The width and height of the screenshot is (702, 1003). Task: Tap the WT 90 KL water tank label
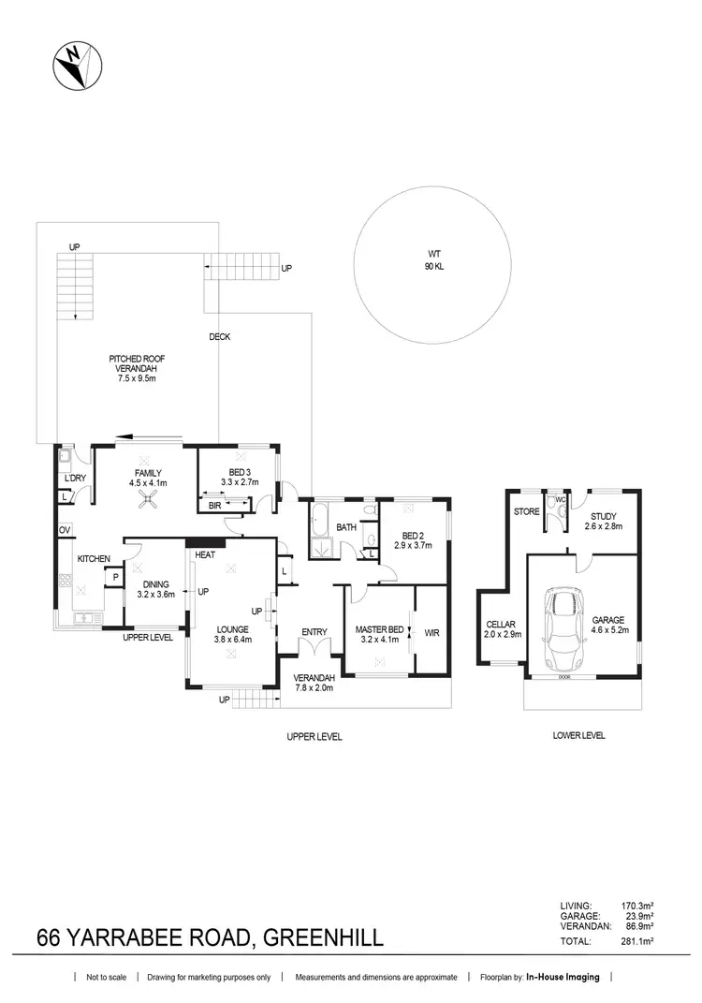click(x=431, y=259)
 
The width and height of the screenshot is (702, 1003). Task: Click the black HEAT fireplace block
click(x=206, y=541)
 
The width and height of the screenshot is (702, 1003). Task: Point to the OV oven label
click(x=65, y=530)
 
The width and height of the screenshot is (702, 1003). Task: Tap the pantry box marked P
click(x=115, y=578)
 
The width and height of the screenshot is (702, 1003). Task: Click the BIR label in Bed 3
click(x=214, y=505)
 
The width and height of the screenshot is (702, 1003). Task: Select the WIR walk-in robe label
click(x=431, y=633)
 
